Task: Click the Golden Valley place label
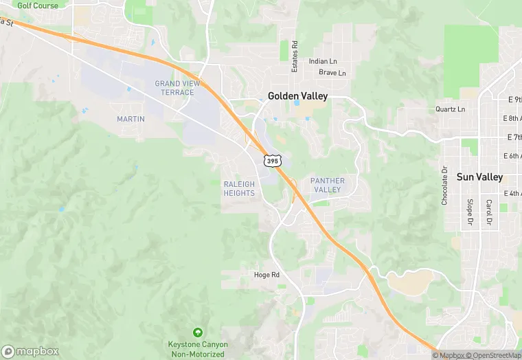pyautogui.click(x=297, y=96)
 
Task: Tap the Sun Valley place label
pyautogui.click(x=479, y=177)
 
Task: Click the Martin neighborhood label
pyautogui.click(x=130, y=119)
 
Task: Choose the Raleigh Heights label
pyautogui.click(x=239, y=188)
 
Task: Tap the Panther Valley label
pyautogui.click(x=327, y=185)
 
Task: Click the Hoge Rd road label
pyautogui.click(x=266, y=275)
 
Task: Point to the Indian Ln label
pyautogui.click(x=323, y=61)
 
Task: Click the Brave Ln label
pyautogui.click(x=332, y=73)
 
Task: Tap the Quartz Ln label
pyautogui.click(x=450, y=109)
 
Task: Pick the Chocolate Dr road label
pyautogui.click(x=445, y=185)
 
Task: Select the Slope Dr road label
pyautogui.click(x=470, y=212)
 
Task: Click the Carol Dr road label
pyautogui.click(x=488, y=212)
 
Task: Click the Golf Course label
pyautogui.click(x=37, y=5)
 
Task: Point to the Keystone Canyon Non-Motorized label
pyautogui.click(x=198, y=349)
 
